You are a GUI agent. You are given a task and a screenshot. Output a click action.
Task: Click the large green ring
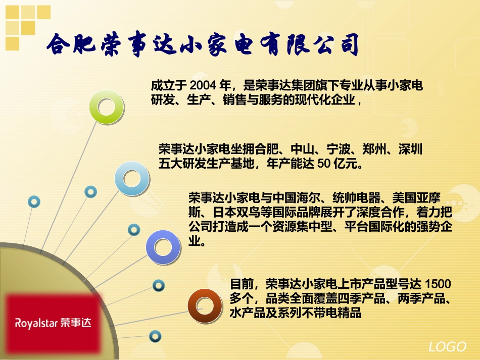[107, 107]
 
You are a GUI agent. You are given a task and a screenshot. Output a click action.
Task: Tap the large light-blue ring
[132, 178]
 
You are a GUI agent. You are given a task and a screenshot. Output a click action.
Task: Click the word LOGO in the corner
[447, 347]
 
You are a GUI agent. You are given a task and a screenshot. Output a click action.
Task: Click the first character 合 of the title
[60, 45]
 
